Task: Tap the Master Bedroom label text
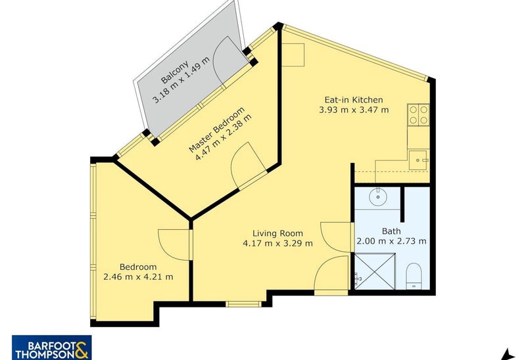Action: pyautogui.click(x=217, y=129)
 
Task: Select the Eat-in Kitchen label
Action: pyautogui.click(x=354, y=100)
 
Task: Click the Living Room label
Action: pyautogui.click(x=277, y=233)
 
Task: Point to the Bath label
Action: pyautogui.click(x=391, y=231)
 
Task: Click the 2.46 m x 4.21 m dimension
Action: pyautogui.click(x=138, y=277)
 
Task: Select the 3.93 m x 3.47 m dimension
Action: pyautogui.click(x=354, y=110)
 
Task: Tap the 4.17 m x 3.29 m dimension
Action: pyautogui.click(x=277, y=243)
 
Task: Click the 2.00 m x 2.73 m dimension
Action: pyautogui.click(x=391, y=241)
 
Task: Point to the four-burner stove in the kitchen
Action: pyautogui.click(x=418, y=115)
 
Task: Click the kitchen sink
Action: pyautogui.click(x=418, y=160)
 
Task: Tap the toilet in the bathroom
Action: pyautogui.click(x=414, y=276)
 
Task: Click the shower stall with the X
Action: pyautogui.click(x=375, y=271)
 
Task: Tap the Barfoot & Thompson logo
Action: pyautogui.click(x=52, y=348)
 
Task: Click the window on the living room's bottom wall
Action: pyautogui.click(x=243, y=304)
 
